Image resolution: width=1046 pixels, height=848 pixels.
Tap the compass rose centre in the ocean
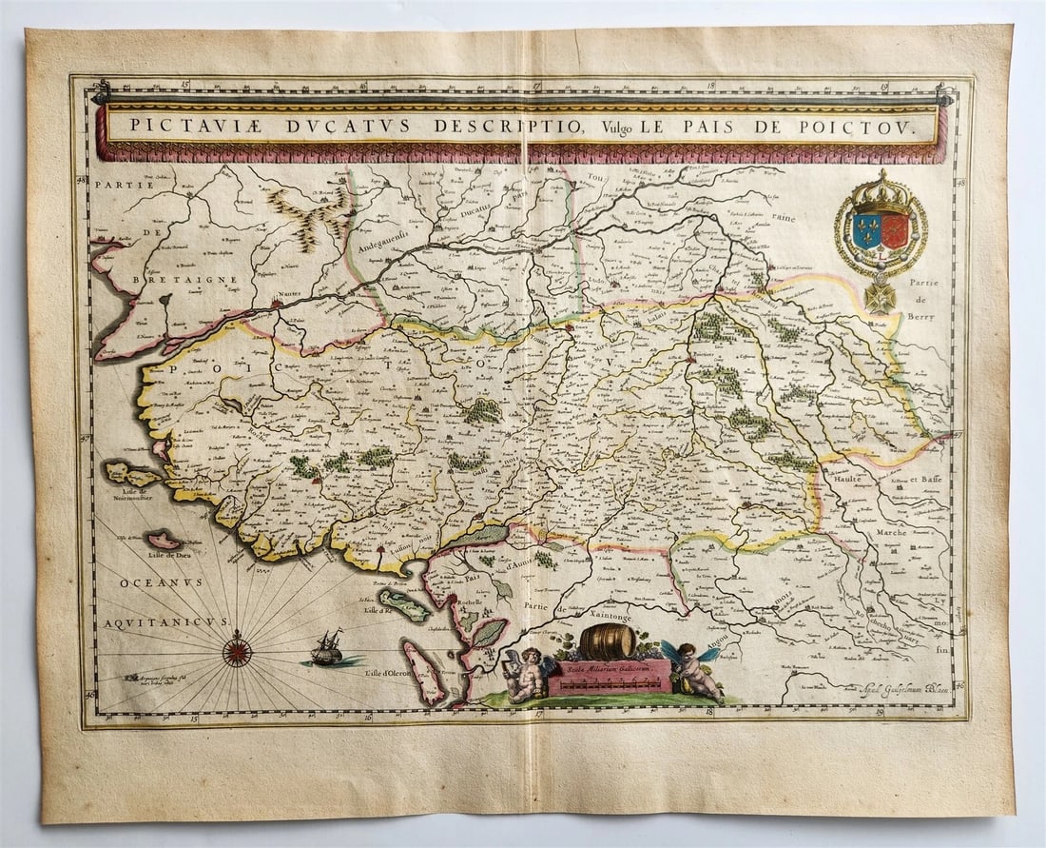pyautogui.click(x=237, y=650)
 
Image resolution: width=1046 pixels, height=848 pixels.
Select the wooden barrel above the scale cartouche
pyautogui.click(x=607, y=642)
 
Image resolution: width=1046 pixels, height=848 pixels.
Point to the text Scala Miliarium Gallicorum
pyautogui.click(x=608, y=670)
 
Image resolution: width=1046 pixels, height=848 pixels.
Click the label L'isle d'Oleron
pyautogui.click(x=378, y=674)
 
